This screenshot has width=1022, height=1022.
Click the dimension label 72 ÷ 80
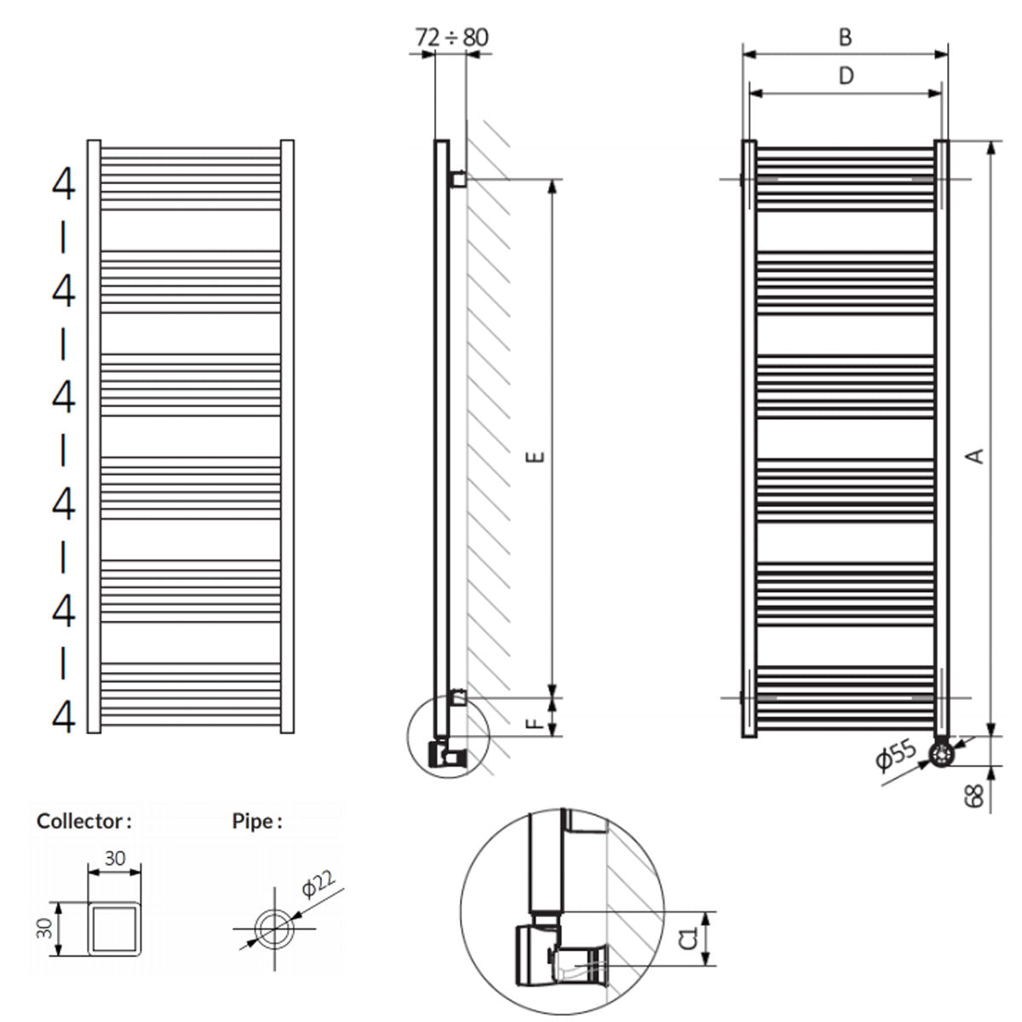[451, 37]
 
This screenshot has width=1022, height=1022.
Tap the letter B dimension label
[845, 37]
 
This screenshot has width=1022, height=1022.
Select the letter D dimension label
[845, 76]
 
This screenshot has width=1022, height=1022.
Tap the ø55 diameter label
[895, 755]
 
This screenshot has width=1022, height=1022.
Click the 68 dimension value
[976, 795]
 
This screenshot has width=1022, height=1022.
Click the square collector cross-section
[115, 927]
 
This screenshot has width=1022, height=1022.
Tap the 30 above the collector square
[115, 859]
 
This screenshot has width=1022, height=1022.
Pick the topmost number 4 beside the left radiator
[64, 184]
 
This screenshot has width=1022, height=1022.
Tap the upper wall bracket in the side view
[458, 179]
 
